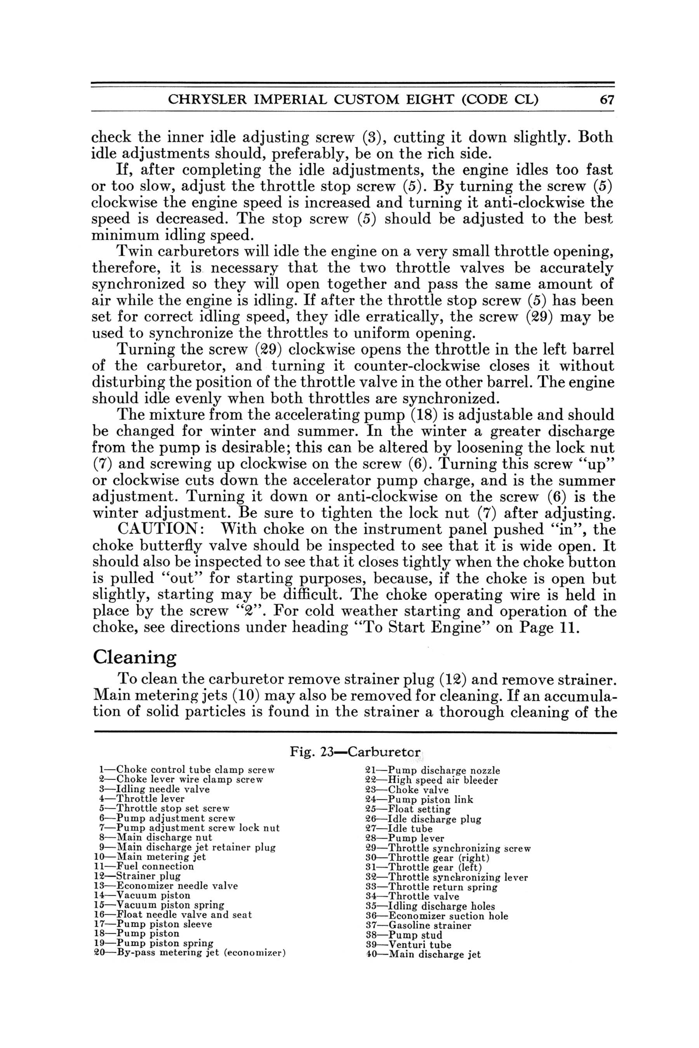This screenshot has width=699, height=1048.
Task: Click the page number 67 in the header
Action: pyautogui.click(x=607, y=100)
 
